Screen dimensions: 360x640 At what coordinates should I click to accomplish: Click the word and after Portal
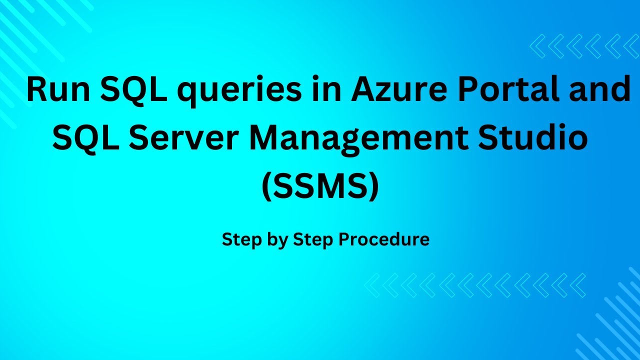point(600,90)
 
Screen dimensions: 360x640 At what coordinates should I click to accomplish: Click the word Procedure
point(384,239)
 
